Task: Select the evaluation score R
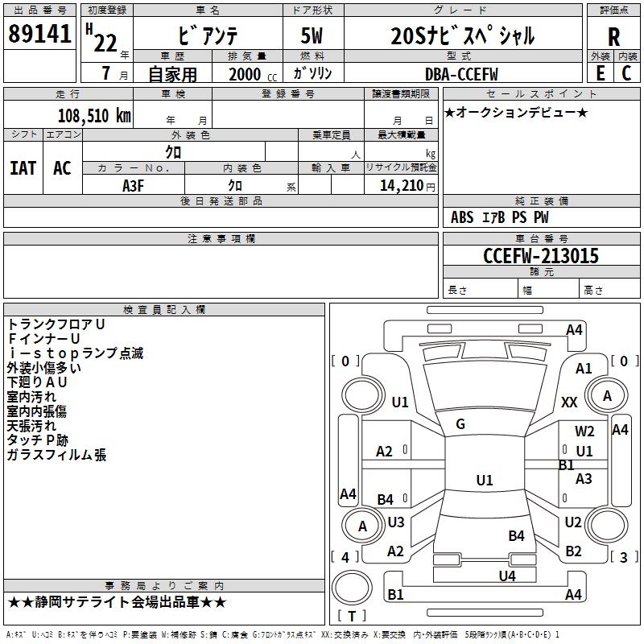[613, 37]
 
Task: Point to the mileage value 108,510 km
[94, 115]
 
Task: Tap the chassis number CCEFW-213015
[541, 256]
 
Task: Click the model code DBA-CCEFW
[461, 74]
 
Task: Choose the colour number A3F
[134, 184]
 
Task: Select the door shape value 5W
[313, 36]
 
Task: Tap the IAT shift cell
[23, 168]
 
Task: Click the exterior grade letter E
[600, 72]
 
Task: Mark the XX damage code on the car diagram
[569, 402]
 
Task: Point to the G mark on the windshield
[460, 424]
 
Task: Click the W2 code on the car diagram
[584, 431]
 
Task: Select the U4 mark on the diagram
[506, 576]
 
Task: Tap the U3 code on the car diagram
[396, 522]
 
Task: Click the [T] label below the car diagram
[352, 616]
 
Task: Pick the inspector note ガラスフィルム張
[56, 455]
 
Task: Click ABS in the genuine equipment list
[462, 217]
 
